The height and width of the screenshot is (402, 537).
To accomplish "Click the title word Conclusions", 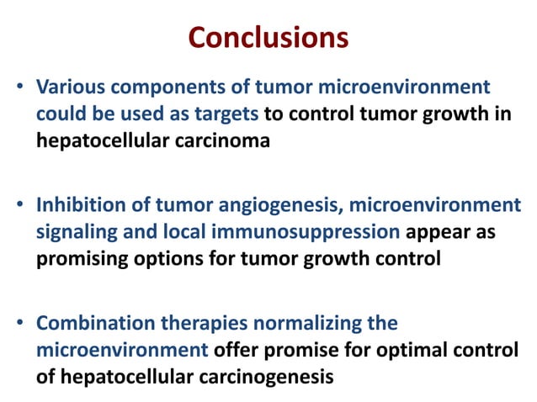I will point(268,38).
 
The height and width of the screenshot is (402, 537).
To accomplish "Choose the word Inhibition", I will point(75,206).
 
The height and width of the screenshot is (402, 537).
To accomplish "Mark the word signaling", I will point(72,233).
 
